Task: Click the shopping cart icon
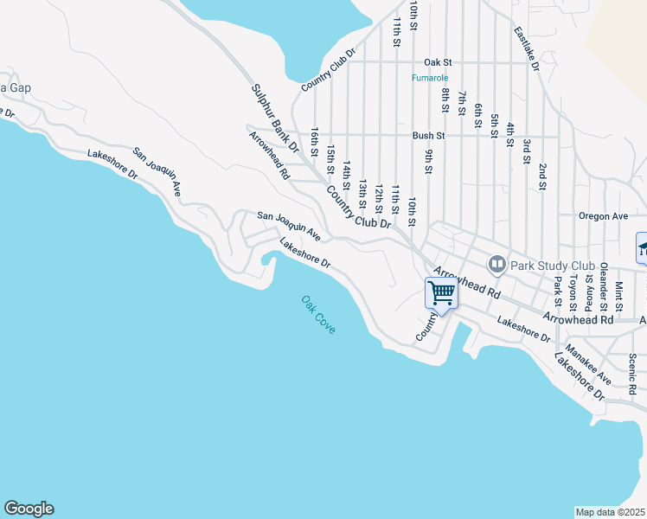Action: [442, 294]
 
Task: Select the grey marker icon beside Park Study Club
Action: [497, 263]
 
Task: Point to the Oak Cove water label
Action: [317, 315]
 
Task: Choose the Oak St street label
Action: [438, 62]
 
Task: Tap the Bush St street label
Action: [428, 136]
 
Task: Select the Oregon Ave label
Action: [604, 216]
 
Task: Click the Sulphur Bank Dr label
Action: [275, 119]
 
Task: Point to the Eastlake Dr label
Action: [526, 48]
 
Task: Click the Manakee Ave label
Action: [588, 365]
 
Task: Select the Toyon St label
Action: [573, 292]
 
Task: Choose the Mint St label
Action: [618, 295]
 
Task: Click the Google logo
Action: [29, 509]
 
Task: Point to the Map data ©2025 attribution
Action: [610, 512]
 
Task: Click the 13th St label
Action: [363, 195]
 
